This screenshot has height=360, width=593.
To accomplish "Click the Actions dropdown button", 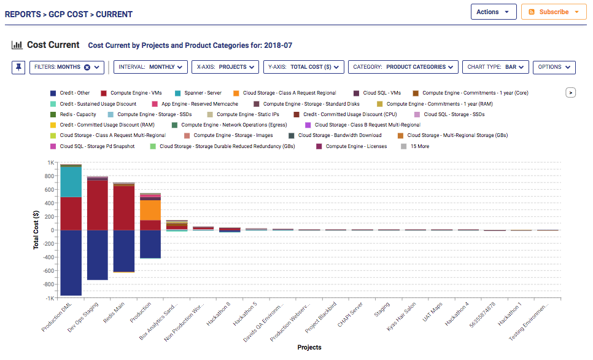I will coord(493,12).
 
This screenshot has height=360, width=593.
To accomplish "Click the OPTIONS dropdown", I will coord(553,67).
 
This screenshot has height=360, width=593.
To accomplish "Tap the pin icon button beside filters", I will coord(18,67).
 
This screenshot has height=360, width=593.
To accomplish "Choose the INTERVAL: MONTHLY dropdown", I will coord(150,67).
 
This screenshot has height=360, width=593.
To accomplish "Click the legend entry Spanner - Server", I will coord(201,93).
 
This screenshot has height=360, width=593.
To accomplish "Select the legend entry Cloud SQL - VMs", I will coord(381,93).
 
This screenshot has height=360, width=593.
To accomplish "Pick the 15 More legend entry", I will coord(419,146).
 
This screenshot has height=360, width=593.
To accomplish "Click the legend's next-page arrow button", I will coord(570,93).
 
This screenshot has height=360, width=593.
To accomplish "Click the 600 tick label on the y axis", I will coord(49,190).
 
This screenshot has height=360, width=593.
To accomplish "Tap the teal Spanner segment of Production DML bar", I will coord(71,181).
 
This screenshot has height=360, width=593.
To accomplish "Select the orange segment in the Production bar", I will coord(150,210).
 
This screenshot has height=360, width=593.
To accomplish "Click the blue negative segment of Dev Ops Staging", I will coord(98,254).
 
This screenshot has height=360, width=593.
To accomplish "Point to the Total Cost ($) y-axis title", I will coord(36,230).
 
